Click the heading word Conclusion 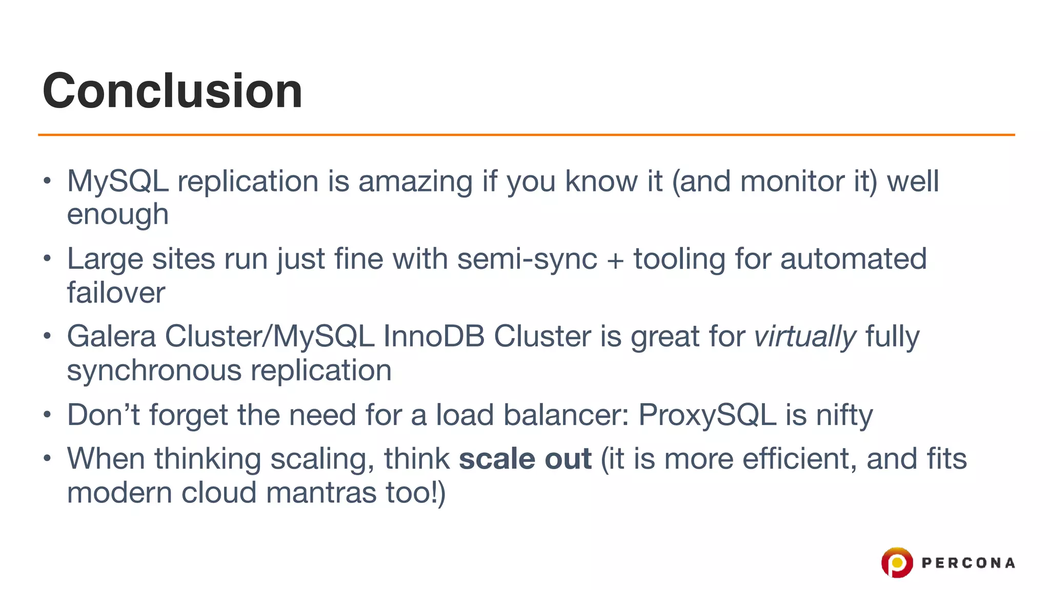coord(173,91)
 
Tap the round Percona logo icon coord(897,562)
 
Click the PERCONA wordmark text coord(968,563)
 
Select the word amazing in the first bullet coord(415,182)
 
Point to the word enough coord(118,215)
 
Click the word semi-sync coord(527,259)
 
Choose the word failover coord(116,293)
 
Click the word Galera coord(111,337)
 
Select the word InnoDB coord(434,337)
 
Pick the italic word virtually coord(805,337)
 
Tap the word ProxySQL coord(707,415)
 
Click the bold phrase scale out coord(525,459)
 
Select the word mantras coord(321,493)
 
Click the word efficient coord(800,459)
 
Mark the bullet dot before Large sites coord(47,258)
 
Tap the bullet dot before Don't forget coord(47,414)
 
